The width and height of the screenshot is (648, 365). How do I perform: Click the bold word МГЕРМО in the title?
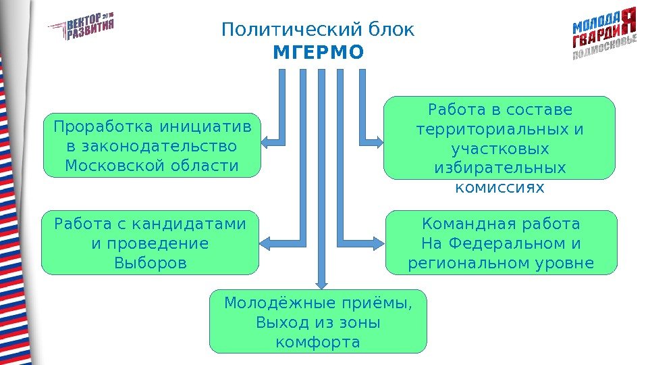[318, 52]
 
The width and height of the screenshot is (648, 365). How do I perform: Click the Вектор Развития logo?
[81, 26]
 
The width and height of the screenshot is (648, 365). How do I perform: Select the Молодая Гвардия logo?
[604, 34]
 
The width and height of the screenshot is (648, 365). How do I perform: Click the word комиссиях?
[500, 187]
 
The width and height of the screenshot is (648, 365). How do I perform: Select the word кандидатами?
[188, 223]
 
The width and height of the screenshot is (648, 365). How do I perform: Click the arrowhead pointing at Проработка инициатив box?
[265, 141]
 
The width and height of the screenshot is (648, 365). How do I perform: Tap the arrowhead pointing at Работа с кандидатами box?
[265, 241]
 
